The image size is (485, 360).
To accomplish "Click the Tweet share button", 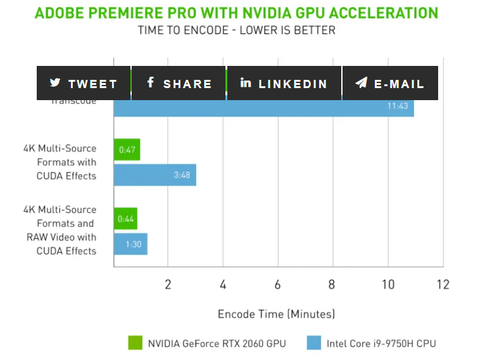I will [x=84, y=83].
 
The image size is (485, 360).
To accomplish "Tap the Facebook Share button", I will [x=179, y=83].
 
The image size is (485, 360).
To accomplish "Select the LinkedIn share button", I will [x=284, y=83].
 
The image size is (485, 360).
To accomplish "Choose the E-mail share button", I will [x=390, y=83].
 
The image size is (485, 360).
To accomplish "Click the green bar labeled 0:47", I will [x=127, y=150].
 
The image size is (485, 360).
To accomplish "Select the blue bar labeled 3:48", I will [x=154, y=174].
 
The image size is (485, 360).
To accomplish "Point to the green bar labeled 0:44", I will [x=125, y=219].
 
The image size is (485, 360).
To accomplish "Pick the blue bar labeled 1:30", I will [x=130, y=244].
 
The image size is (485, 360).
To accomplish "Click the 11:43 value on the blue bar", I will [x=398, y=106].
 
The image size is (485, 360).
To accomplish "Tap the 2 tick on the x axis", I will [x=168, y=285].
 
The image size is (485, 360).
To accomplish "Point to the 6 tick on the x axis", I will [x=277, y=285].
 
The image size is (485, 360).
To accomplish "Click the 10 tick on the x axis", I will [x=387, y=285].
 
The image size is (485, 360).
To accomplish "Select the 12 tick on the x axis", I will [x=443, y=285].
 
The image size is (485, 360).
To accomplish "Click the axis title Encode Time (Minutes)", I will [x=276, y=314].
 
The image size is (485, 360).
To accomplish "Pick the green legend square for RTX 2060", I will [x=135, y=343].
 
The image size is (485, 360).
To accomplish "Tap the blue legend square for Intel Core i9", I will [x=314, y=343].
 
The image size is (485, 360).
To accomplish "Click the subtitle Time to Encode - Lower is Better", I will [x=237, y=30].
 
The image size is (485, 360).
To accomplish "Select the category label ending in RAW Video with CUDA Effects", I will [x=61, y=230].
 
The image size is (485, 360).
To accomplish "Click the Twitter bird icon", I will [x=56, y=83].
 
